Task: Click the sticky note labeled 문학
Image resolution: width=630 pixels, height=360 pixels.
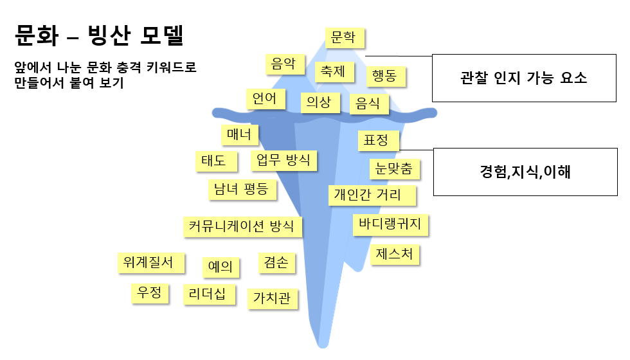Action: point(345,38)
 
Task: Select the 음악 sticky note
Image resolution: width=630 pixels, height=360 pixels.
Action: point(284,64)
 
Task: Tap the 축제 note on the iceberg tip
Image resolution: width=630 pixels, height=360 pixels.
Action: point(334,71)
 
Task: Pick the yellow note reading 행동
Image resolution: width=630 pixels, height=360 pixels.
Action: point(386,77)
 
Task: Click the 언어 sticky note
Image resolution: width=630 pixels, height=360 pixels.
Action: point(265,99)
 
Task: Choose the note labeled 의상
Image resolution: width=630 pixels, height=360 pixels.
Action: point(319,102)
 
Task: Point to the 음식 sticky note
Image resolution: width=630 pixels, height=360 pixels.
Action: point(369,103)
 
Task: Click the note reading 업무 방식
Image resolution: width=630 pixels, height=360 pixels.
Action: point(283,160)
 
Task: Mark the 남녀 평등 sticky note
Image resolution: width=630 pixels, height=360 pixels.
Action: point(242,190)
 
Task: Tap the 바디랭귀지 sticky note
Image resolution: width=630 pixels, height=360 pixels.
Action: point(390,224)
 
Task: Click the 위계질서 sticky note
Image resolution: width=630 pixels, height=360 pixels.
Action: point(150,262)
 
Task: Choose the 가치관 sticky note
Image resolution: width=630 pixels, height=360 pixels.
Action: point(273,298)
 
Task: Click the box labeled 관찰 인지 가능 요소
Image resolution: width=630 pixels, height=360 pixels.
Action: point(523,78)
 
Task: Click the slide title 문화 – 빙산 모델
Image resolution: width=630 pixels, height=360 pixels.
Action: point(100,36)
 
